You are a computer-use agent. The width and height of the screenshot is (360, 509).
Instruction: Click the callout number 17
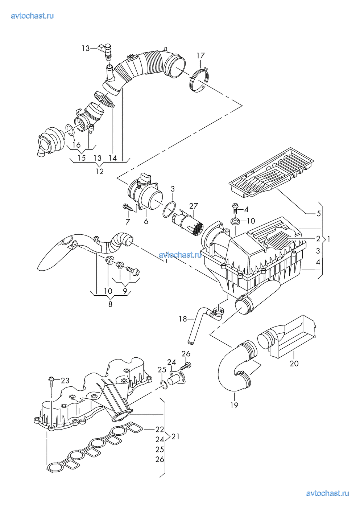200,56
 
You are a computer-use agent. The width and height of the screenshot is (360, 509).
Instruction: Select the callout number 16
76,145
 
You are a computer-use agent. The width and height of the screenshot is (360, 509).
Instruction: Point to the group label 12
99,171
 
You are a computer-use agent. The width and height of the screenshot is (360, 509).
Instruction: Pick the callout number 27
194,206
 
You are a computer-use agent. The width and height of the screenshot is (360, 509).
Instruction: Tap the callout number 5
318,213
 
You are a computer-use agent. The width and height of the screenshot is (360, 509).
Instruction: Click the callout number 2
318,239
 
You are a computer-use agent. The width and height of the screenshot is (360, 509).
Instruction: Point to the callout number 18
183,319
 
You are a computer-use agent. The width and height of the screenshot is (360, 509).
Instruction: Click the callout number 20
294,364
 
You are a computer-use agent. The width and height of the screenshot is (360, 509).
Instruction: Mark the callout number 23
65,380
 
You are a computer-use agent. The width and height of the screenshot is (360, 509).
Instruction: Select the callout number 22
160,429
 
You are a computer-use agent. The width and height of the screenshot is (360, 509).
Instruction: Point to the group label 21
175,436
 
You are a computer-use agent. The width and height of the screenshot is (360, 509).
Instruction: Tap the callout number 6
146,221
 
